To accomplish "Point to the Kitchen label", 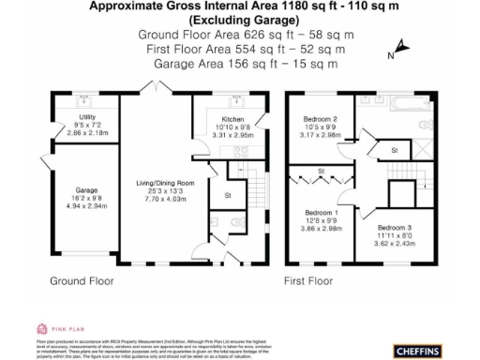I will click(234, 119).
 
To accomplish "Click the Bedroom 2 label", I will click(321, 119).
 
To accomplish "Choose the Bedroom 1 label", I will click(322, 215).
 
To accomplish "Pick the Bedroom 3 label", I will click(395, 227).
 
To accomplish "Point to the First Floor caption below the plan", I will click(308, 280).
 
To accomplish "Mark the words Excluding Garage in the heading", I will click(239, 20).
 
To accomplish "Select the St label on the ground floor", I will click(228, 195).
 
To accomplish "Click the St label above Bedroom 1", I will click(322, 172).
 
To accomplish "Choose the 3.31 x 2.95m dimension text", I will click(234, 136).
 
